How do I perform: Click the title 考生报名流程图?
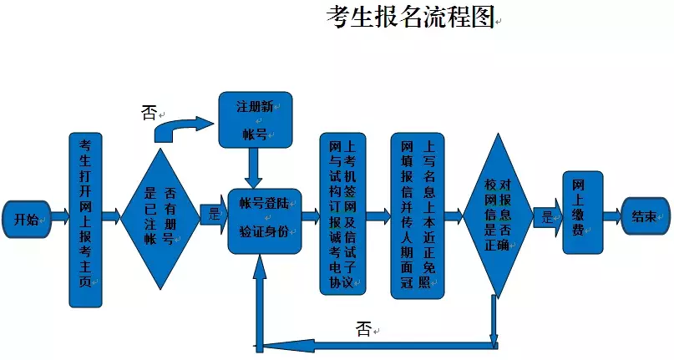(x=410, y=18)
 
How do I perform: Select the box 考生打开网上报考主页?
(x=84, y=220)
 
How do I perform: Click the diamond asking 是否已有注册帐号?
(x=160, y=219)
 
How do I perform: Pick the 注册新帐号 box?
(x=255, y=119)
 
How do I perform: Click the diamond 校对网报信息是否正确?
(x=499, y=215)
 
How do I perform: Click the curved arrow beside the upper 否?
(x=185, y=128)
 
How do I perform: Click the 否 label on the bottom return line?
(x=363, y=328)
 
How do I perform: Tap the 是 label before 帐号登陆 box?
(x=214, y=215)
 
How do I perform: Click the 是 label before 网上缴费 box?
(x=547, y=216)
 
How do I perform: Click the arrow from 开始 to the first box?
(x=59, y=216)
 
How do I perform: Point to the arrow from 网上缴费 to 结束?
(x=613, y=215)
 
